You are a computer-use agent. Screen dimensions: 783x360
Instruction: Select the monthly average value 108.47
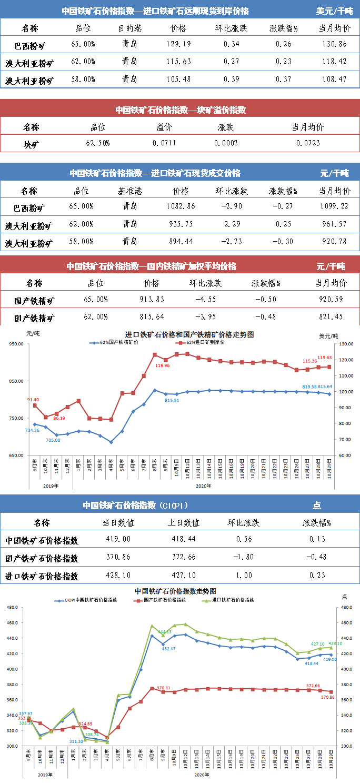333,80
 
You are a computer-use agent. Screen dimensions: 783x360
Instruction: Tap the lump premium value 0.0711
164,143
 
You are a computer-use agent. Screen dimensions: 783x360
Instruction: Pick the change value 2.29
232,224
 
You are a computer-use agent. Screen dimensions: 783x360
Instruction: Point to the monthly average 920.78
333,242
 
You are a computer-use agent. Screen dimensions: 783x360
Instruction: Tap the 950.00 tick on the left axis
16,344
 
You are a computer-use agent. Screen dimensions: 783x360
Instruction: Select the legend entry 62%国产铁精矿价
118,342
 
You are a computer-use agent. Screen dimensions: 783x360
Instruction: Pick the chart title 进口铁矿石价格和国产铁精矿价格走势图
189,334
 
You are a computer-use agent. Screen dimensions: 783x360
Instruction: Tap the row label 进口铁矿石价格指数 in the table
42,576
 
